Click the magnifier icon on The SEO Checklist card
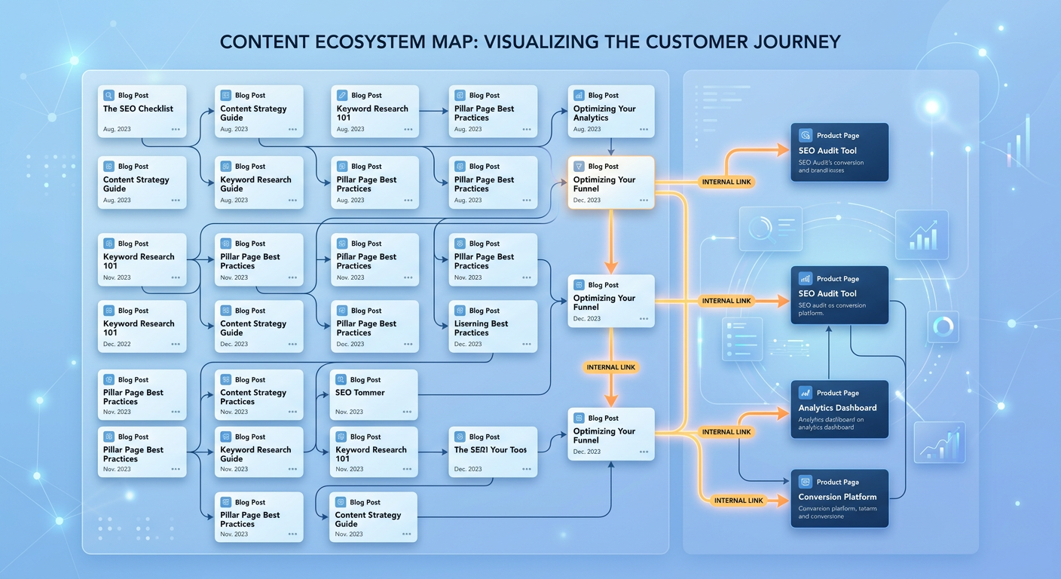click(x=109, y=96)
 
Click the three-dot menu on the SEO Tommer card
click(x=407, y=412)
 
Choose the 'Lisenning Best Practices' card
click(x=493, y=326)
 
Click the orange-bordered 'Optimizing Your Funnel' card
click(x=610, y=182)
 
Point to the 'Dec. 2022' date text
click(x=117, y=345)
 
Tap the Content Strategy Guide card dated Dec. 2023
click(x=259, y=326)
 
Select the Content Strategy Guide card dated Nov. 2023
click(x=259, y=395)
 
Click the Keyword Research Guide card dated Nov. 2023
click(x=259, y=452)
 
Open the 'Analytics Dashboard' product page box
click(x=839, y=409)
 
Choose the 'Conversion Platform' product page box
click(x=839, y=498)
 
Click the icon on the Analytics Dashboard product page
click(x=805, y=393)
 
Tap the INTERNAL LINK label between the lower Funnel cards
click(x=610, y=367)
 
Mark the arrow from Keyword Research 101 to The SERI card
click(x=433, y=452)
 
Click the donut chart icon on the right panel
click(x=943, y=326)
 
